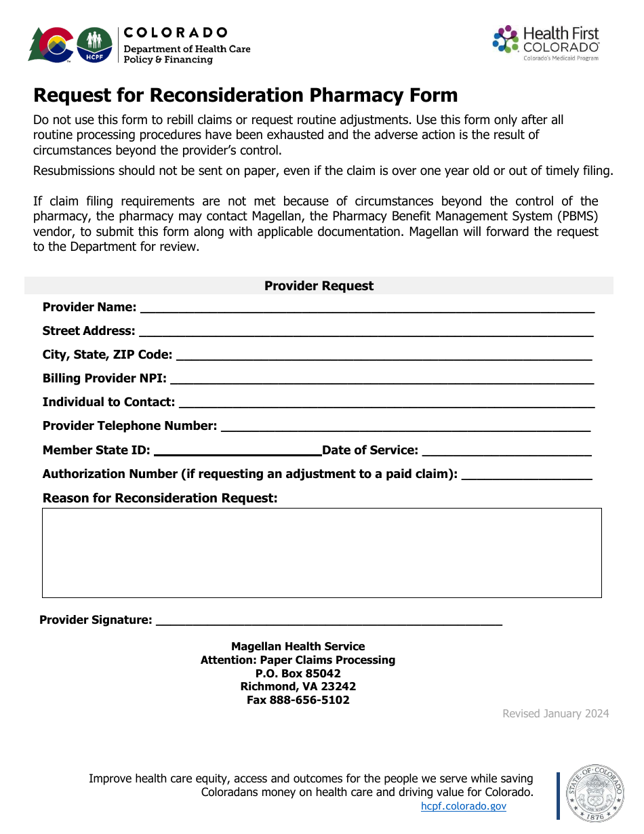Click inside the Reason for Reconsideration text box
point(321,553)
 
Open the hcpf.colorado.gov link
point(464,806)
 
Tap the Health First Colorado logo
point(546,43)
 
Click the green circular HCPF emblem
point(94,45)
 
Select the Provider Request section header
point(319,286)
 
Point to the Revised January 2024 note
point(555,713)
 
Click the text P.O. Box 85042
point(298,673)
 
